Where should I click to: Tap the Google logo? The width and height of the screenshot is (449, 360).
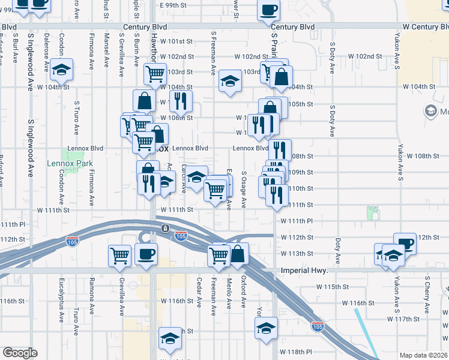click(x=20, y=353)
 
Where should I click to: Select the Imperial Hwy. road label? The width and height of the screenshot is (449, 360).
click(x=304, y=271)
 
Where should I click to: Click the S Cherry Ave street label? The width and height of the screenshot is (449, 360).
click(x=427, y=295)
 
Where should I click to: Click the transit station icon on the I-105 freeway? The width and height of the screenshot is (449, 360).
click(x=165, y=227)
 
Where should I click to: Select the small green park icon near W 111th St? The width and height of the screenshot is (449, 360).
click(x=373, y=212)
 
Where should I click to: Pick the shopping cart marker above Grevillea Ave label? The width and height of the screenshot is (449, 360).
click(x=120, y=255)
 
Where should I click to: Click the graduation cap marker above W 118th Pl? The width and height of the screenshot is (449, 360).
click(x=266, y=328)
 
